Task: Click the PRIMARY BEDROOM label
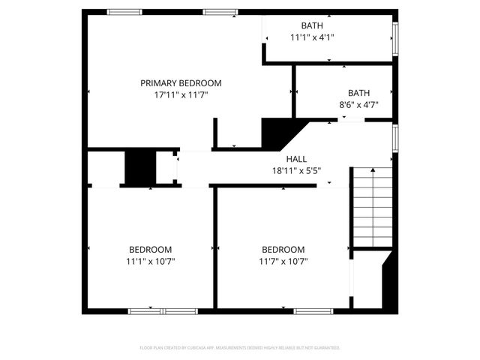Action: (x=181, y=83)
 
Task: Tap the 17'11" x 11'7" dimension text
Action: (x=181, y=95)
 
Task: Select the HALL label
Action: (x=296, y=159)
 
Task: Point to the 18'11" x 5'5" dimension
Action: (x=296, y=170)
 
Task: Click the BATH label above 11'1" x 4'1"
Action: (x=312, y=25)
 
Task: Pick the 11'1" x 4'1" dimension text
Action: (x=312, y=37)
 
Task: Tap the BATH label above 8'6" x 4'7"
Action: (x=358, y=93)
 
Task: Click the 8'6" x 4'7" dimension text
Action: (x=358, y=105)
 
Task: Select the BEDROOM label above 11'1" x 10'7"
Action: (x=150, y=250)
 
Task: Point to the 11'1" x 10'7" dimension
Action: (x=150, y=262)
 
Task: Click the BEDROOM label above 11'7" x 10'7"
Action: (x=283, y=250)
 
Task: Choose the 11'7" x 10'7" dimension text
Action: (x=283, y=262)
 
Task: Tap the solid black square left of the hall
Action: (x=139, y=168)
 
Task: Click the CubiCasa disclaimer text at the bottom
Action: (x=240, y=348)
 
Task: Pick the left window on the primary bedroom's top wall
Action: (x=124, y=11)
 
